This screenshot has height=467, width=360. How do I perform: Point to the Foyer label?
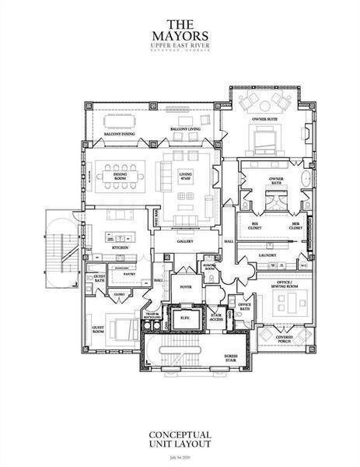186,285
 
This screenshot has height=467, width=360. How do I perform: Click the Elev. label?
186,318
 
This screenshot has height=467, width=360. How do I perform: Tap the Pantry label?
129,274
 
